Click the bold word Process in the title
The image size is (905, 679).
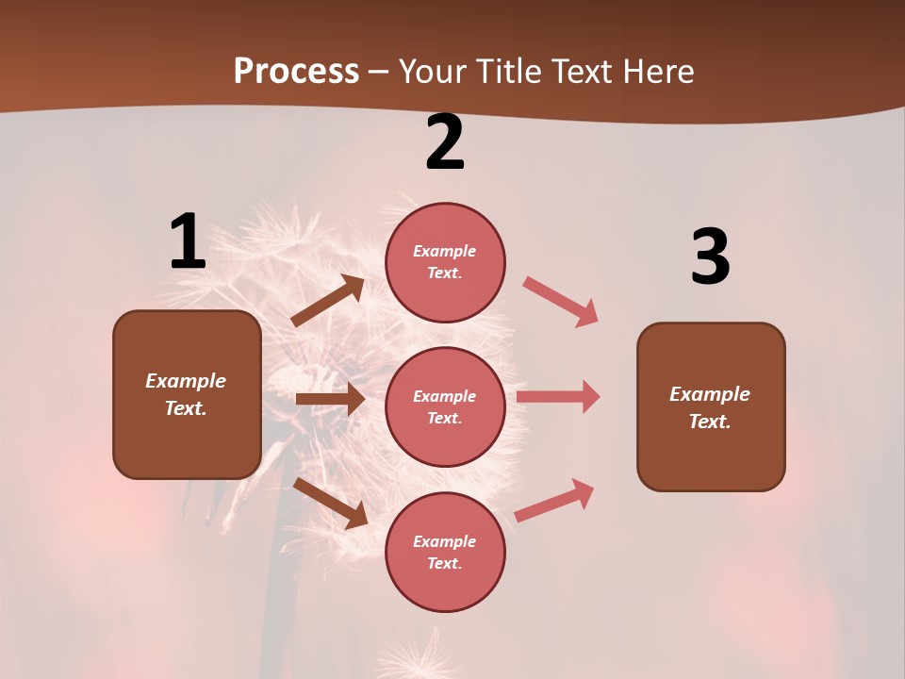296,72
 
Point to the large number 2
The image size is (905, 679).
445,142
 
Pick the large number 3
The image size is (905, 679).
710,257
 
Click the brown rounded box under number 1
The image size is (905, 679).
187,394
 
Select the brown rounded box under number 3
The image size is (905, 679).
711,406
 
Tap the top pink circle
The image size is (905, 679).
445,261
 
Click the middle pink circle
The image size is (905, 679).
445,406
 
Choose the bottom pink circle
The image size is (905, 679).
445,552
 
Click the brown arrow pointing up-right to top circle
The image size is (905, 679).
328,301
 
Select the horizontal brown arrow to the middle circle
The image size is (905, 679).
330,399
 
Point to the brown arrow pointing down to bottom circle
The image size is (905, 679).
331,503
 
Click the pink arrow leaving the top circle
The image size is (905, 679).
561,301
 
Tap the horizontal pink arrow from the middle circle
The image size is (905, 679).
558,396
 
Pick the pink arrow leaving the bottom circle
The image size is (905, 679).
554,500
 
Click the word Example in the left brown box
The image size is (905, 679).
186,381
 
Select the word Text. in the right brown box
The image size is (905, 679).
710,422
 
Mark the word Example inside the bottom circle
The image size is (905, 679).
445,541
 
